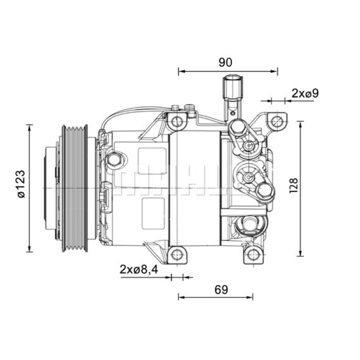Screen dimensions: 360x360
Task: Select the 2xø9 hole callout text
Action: click(305, 94)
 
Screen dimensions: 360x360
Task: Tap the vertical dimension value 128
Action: click(293, 186)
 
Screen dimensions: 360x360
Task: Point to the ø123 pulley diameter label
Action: click(21, 184)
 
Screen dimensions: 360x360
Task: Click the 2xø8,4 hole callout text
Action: click(139, 269)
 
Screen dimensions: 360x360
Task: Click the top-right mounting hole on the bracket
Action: click(276, 121)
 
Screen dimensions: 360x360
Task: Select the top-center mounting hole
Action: click(177, 121)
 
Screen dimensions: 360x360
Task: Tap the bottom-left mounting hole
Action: click(176, 255)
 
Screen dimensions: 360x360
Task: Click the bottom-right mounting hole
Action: click(253, 255)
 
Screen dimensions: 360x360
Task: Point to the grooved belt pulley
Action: click(75, 188)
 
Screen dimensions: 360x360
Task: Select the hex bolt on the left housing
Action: click(114, 159)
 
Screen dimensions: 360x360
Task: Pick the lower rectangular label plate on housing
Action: click(154, 213)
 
